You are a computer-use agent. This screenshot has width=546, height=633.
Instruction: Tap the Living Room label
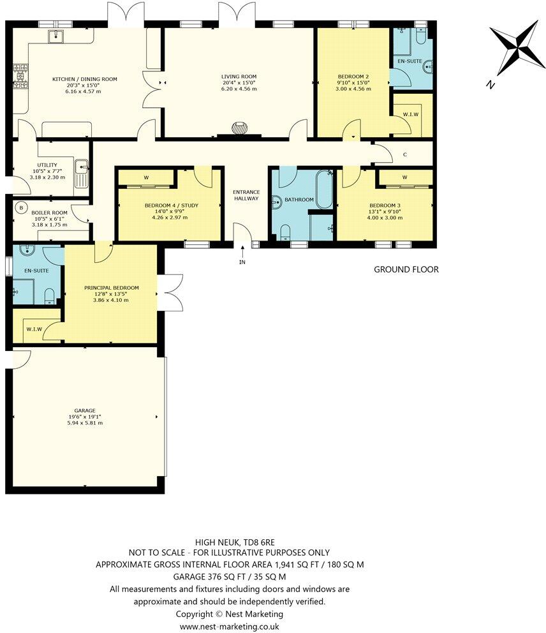tap(239, 76)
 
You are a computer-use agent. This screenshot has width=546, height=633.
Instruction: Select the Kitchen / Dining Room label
tap(84, 79)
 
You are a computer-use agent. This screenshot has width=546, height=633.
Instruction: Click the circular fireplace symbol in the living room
tap(239, 127)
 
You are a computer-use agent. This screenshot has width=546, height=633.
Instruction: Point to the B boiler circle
tap(21, 207)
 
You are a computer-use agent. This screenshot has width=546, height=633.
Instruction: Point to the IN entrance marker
tap(242, 262)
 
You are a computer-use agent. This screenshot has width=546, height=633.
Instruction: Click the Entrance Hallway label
tap(246, 195)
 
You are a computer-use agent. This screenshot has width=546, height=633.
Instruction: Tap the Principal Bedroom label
tap(111, 288)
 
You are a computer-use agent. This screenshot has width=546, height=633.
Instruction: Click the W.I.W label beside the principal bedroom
tap(33, 329)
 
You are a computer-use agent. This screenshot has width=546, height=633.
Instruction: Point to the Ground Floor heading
tap(406, 269)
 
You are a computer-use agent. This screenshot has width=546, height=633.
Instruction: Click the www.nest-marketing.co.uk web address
tap(229, 627)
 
